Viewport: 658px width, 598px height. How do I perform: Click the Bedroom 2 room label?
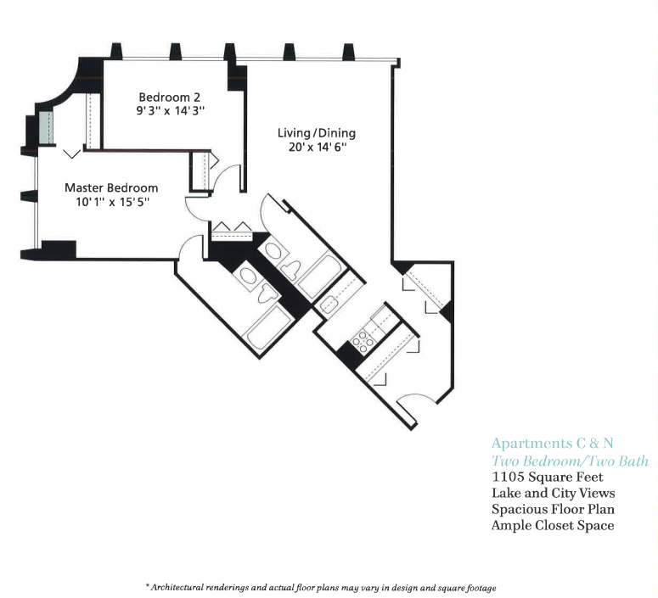(169, 98)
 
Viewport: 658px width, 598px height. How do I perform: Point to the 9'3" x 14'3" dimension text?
(171, 111)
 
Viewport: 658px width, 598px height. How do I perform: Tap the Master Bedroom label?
(111, 187)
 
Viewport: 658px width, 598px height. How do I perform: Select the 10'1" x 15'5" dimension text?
(112, 202)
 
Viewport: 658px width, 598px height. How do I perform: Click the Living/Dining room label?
(317, 133)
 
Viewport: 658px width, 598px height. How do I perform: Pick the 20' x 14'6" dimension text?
(318, 148)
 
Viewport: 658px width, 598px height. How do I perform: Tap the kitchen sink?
(330, 304)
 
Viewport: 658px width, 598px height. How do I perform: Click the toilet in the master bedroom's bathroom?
(267, 293)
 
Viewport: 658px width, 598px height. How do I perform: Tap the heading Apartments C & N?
(552, 444)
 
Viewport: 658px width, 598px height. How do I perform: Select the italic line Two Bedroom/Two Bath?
(570, 461)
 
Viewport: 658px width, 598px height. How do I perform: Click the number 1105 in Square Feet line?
(508, 477)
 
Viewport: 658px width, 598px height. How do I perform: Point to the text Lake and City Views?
(553, 493)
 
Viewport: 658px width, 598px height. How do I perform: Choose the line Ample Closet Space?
(553, 525)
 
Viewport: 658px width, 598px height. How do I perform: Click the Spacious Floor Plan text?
(553, 509)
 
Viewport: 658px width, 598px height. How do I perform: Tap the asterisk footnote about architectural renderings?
(321, 588)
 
